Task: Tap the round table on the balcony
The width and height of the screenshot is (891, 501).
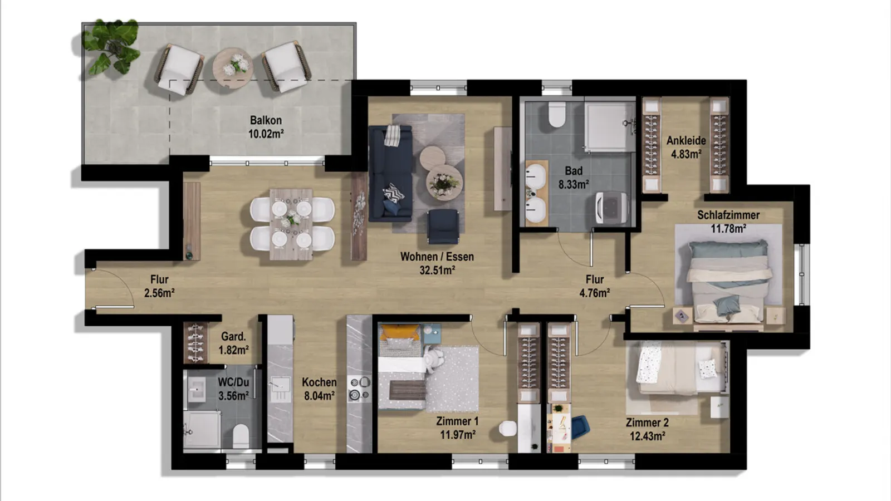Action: click(x=233, y=67)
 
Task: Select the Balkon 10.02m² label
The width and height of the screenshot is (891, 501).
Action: click(x=266, y=127)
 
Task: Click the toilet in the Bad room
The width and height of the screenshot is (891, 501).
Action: click(x=556, y=114)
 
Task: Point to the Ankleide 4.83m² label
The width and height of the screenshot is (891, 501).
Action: click(x=686, y=147)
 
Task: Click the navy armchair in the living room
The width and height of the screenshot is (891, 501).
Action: click(x=443, y=226)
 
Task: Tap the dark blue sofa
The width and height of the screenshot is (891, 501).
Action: click(x=390, y=173)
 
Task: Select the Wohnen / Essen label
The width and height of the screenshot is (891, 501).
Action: click(x=437, y=257)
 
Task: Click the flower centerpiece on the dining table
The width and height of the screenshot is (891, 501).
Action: click(x=292, y=218)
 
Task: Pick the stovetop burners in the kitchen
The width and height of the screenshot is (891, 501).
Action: click(x=360, y=389)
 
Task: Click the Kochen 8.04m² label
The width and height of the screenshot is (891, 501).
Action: click(x=319, y=389)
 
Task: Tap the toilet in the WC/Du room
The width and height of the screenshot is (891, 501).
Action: click(x=241, y=435)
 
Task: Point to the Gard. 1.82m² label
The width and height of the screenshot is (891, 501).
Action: click(x=234, y=343)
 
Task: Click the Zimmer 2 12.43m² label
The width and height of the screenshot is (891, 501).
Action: click(x=647, y=429)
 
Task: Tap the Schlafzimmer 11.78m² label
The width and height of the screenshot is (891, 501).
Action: click(x=728, y=222)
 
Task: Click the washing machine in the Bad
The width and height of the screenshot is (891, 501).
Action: click(x=612, y=207)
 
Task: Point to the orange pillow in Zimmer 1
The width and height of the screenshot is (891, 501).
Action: click(x=400, y=332)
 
